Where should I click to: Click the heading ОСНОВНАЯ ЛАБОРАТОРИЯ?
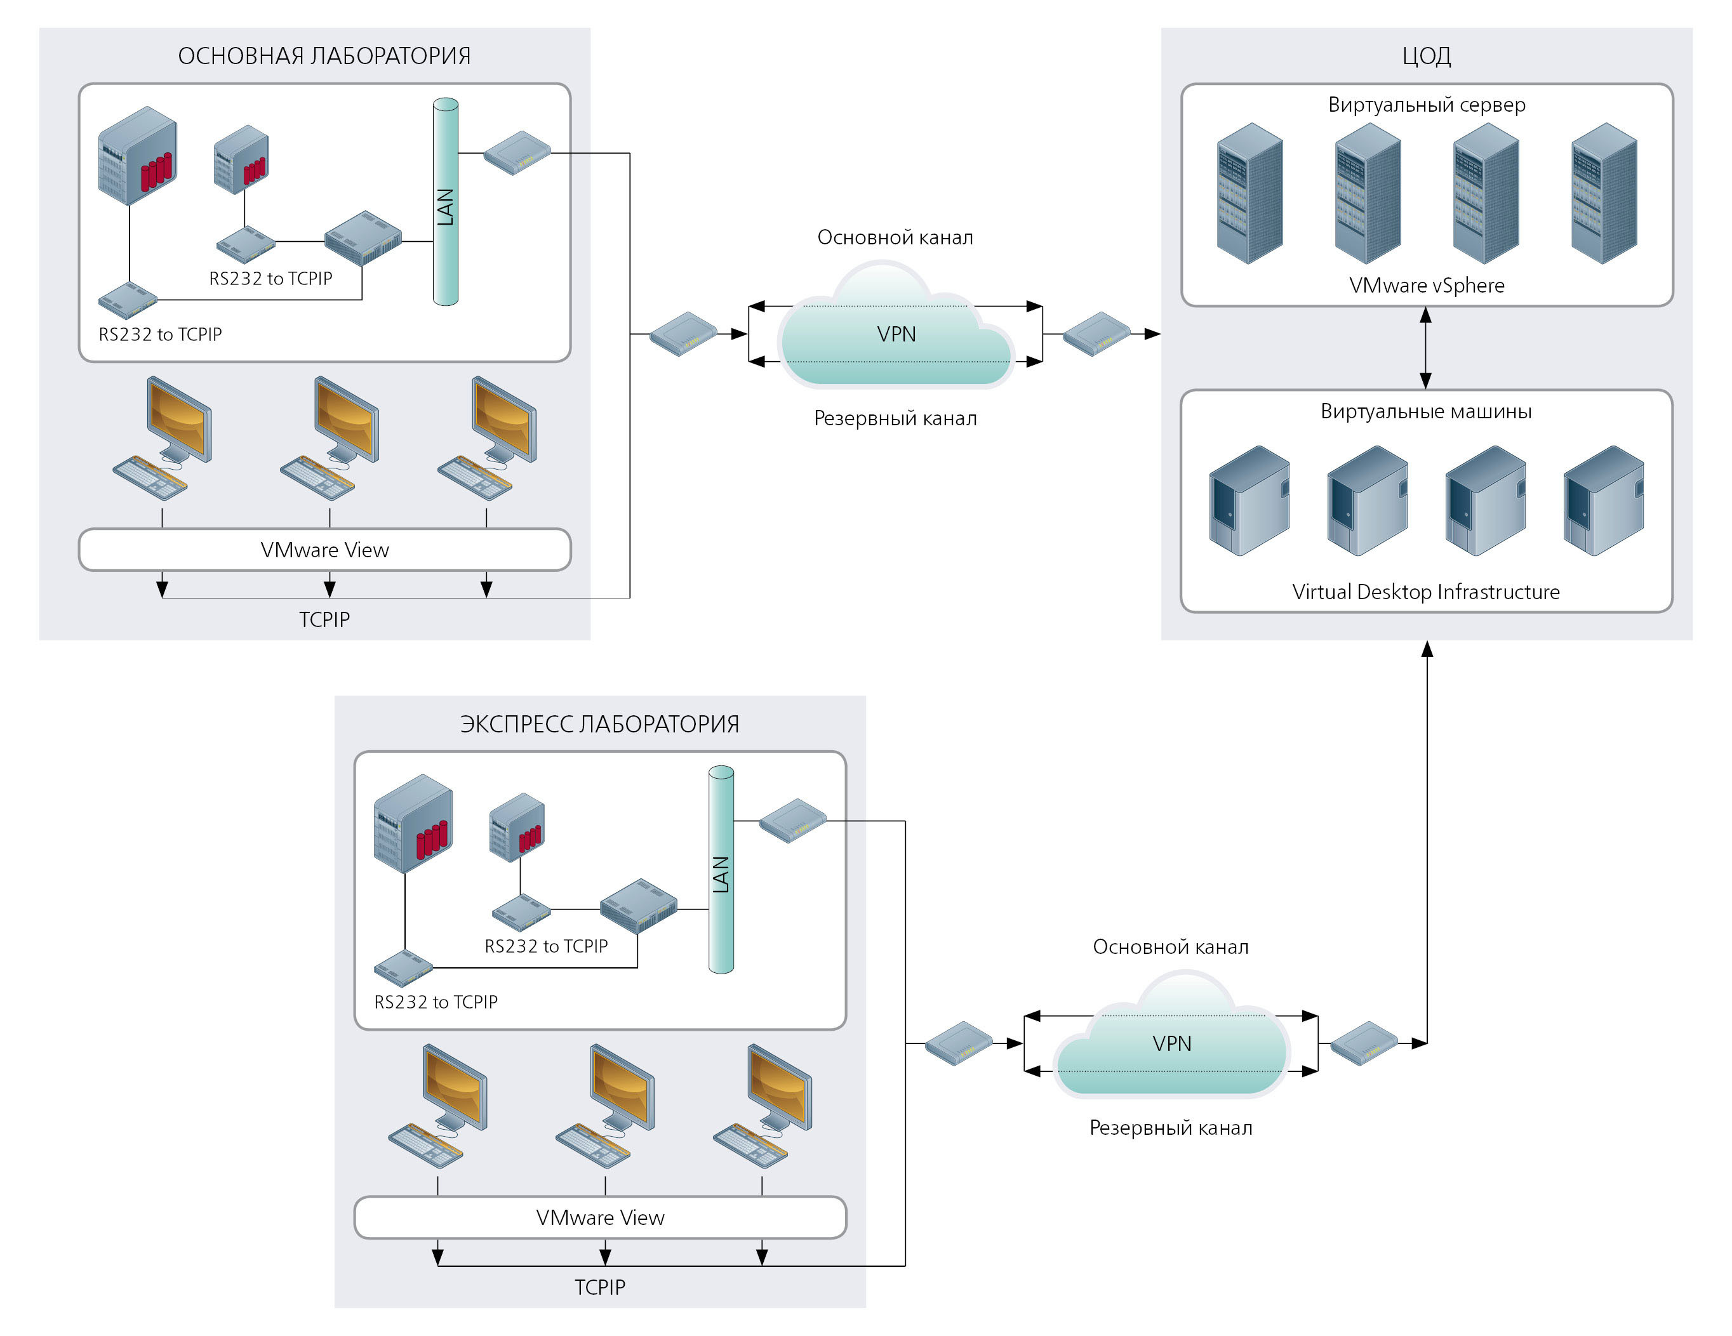(324, 55)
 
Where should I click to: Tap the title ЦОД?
(1426, 55)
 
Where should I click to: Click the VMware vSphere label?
(1426, 286)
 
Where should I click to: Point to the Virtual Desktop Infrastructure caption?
(1425, 592)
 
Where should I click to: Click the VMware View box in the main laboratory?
(324, 550)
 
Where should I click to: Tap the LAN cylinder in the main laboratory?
(446, 202)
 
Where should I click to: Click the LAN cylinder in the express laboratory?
(721, 870)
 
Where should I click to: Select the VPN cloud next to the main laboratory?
(896, 334)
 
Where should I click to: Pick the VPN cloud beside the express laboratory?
(1171, 1043)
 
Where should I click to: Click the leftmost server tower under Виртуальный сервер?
(1250, 194)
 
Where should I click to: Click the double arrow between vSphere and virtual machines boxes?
(1426, 347)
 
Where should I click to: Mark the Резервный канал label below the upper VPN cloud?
(895, 419)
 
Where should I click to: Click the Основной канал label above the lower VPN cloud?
(1171, 947)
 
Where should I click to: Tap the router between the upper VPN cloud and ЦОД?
(1096, 334)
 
